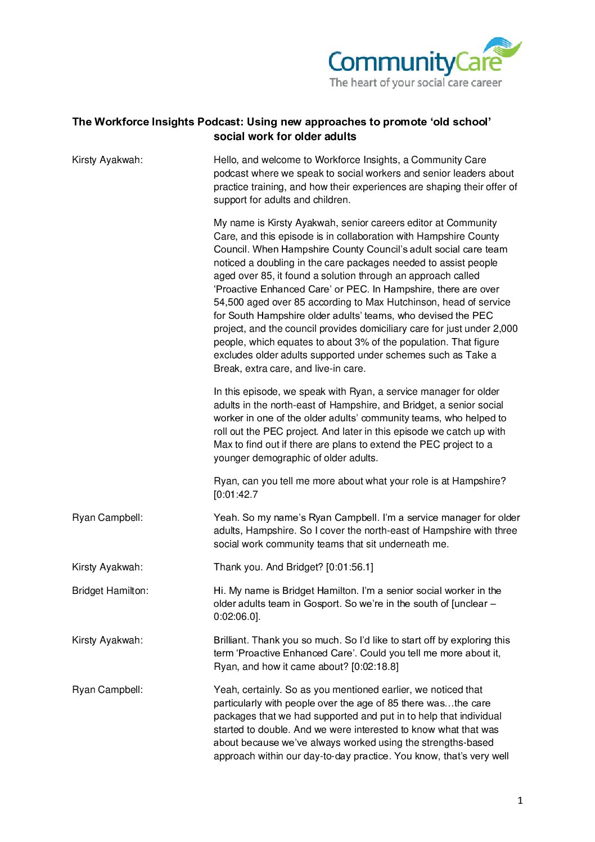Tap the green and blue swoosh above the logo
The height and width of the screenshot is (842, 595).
(x=502, y=47)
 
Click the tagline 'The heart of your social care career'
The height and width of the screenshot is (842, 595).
(x=415, y=83)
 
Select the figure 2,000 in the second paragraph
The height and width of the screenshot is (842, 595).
(x=505, y=328)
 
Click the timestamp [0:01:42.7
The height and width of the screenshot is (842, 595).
(x=236, y=494)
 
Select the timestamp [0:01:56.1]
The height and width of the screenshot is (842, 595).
(x=349, y=567)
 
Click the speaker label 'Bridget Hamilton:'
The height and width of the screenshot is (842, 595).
(x=110, y=591)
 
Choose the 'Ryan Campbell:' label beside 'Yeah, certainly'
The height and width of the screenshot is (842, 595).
(x=107, y=690)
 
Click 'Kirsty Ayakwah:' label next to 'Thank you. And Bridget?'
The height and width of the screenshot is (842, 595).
(x=107, y=567)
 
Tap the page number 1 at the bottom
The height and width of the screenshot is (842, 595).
(x=520, y=800)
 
